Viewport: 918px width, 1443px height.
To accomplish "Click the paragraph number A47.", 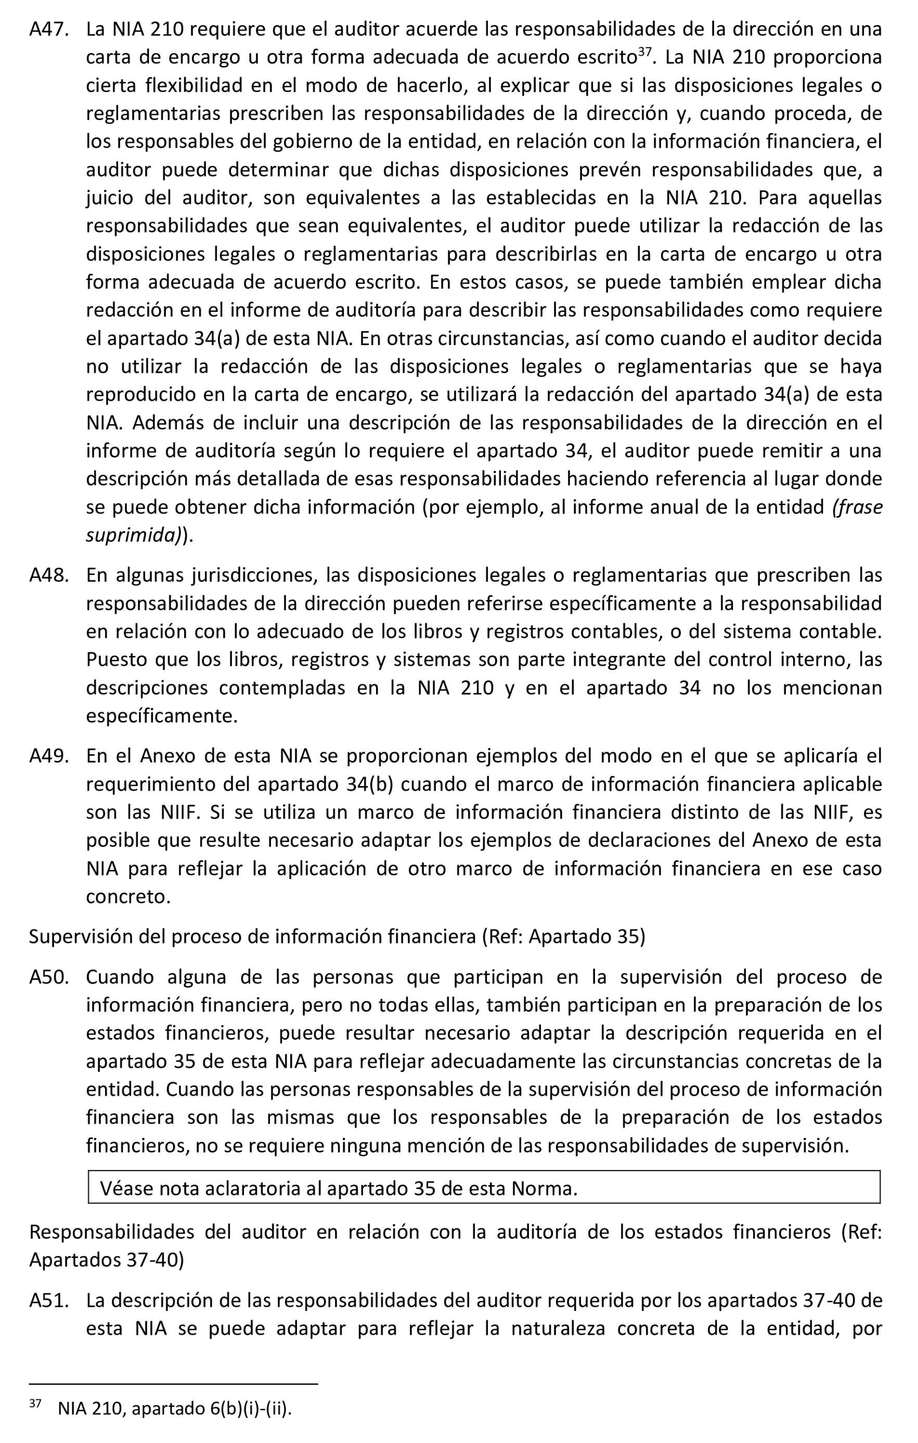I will pos(48,29).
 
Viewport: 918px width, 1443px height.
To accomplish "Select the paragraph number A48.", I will pos(48,575).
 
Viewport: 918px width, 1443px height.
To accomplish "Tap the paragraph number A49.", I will pos(48,756).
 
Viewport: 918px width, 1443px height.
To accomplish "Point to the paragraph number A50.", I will pos(48,977).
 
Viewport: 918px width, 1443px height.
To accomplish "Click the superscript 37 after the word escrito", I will pos(644,51).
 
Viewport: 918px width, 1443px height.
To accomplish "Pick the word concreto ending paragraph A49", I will pos(128,897).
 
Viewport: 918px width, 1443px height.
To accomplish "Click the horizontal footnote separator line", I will pos(173,1384).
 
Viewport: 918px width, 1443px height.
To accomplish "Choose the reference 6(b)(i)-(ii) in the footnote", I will pos(250,1408).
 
